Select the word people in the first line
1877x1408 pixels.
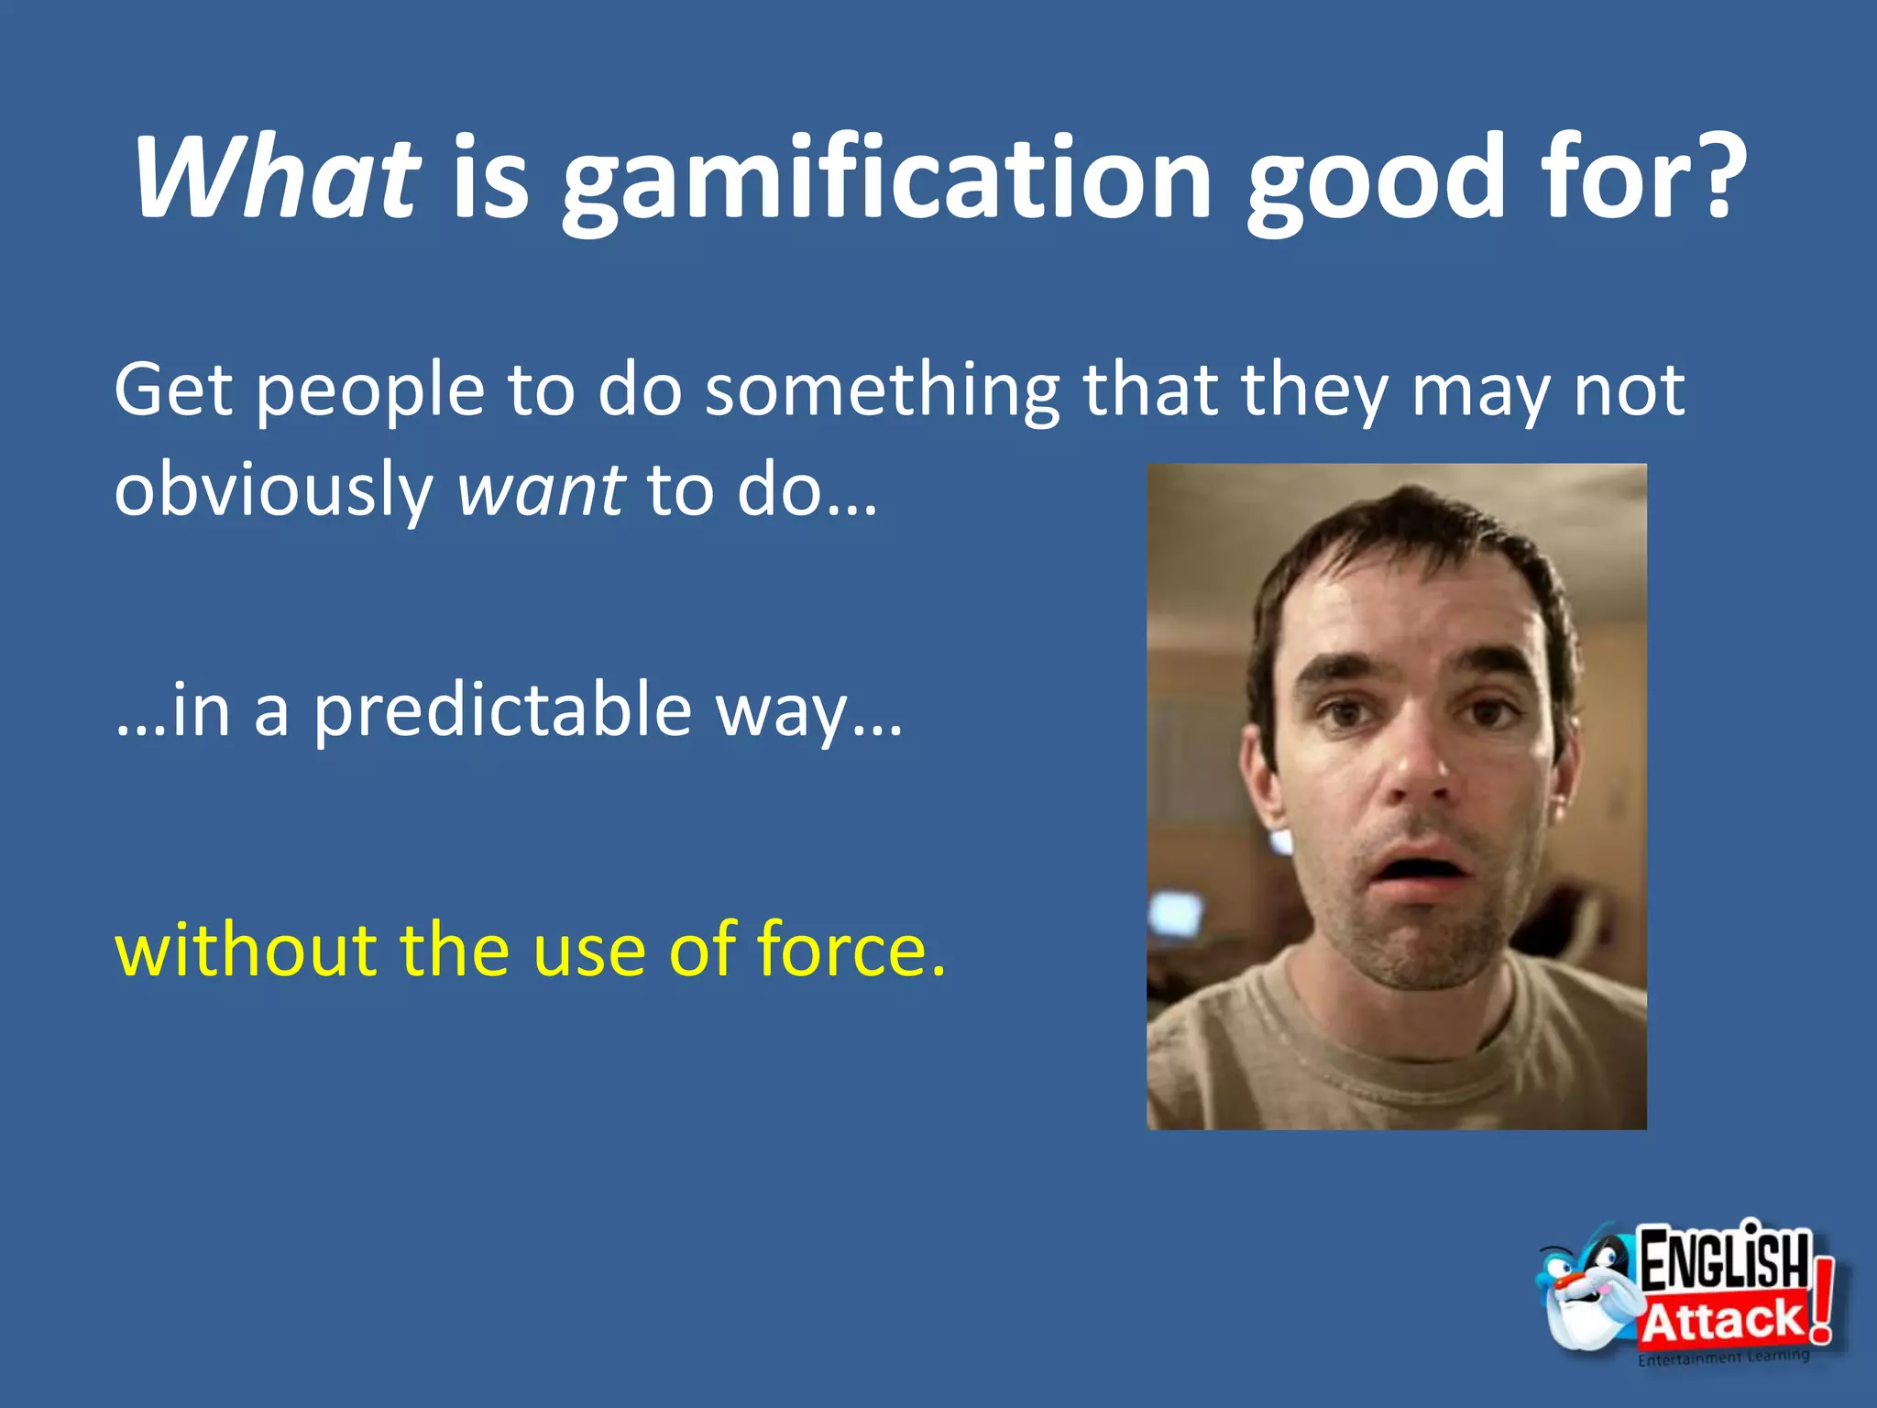[x=369, y=392]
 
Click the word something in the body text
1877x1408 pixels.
[x=882, y=392]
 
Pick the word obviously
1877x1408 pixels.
[x=273, y=491]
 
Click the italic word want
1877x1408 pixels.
[x=542, y=491]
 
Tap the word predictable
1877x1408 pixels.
[x=502, y=711]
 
